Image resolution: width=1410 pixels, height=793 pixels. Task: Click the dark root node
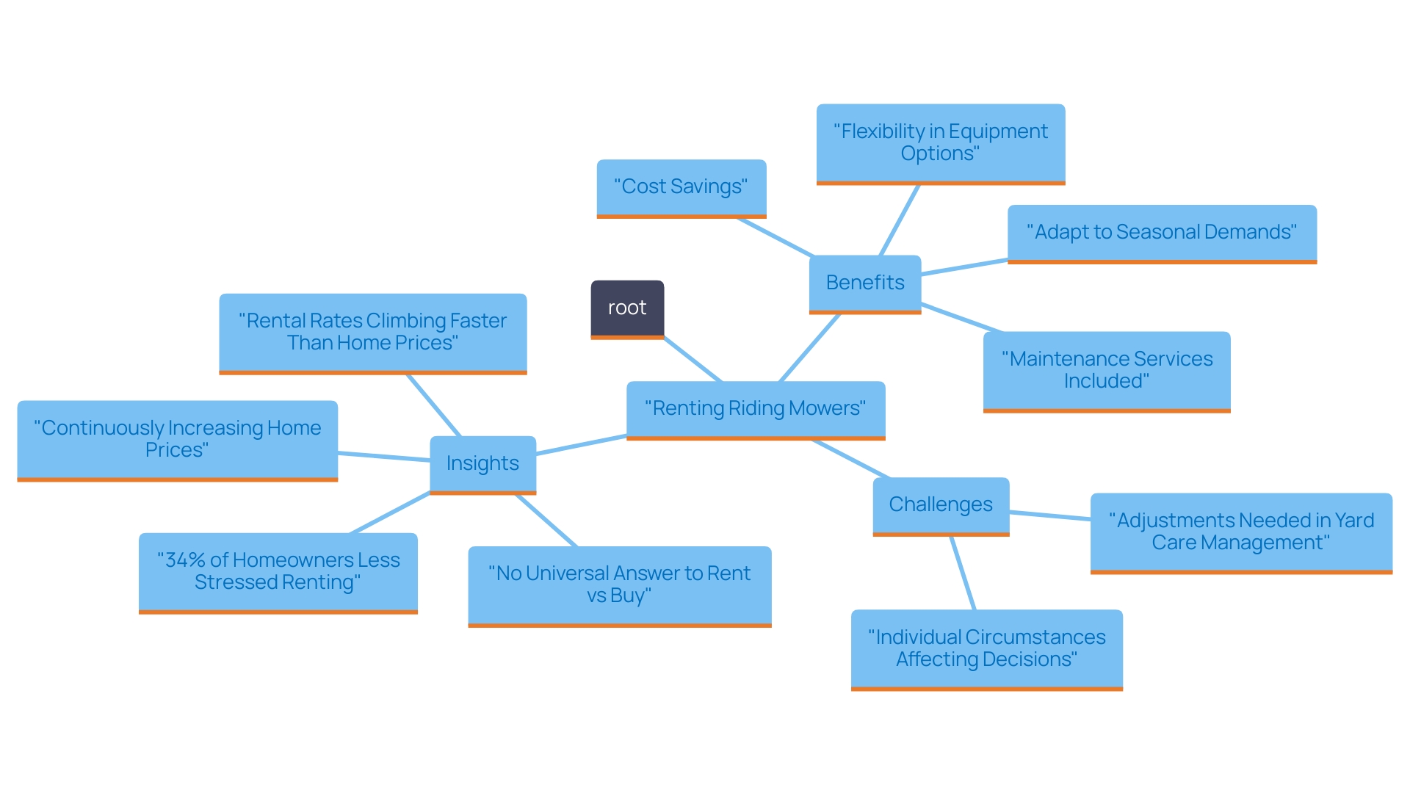pyautogui.click(x=627, y=308)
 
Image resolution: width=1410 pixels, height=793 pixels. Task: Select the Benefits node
pyautogui.click(x=864, y=283)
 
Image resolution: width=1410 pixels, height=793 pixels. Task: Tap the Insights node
pyautogui.click(x=482, y=464)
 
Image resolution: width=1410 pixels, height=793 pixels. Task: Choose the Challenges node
pyautogui.click(x=940, y=505)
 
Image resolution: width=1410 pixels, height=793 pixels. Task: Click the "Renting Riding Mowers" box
pyautogui.click(x=755, y=409)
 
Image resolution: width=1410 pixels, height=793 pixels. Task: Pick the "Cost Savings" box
pyautogui.click(x=681, y=187)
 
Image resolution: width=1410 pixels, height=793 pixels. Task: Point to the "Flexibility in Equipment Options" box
pyautogui.click(x=940, y=143)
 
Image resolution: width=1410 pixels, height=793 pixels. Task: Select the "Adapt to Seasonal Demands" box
pyautogui.click(x=1161, y=233)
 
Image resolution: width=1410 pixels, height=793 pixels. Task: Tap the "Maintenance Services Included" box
pyautogui.click(x=1106, y=371)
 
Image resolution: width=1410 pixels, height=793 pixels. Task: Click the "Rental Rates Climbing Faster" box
pyautogui.click(x=372, y=333)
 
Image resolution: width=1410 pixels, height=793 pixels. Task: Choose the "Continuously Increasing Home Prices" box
pyautogui.click(x=177, y=439)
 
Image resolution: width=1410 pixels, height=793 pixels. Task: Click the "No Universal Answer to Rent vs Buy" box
pyautogui.click(x=619, y=585)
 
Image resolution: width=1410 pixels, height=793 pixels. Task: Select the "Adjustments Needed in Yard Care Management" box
pyautogui.click(x=1240, y=532)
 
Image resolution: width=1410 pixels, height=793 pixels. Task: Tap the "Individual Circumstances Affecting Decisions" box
pyautogui.click(x=986, y=649)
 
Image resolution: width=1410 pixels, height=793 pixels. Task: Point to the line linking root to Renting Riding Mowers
pyautogui.click(x=693, y=359)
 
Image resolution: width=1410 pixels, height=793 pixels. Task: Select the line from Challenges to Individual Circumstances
pyautogui.click(x=963, y=573)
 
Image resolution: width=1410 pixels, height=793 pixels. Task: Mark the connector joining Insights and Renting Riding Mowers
pyautogui.click(x=581, y=445)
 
